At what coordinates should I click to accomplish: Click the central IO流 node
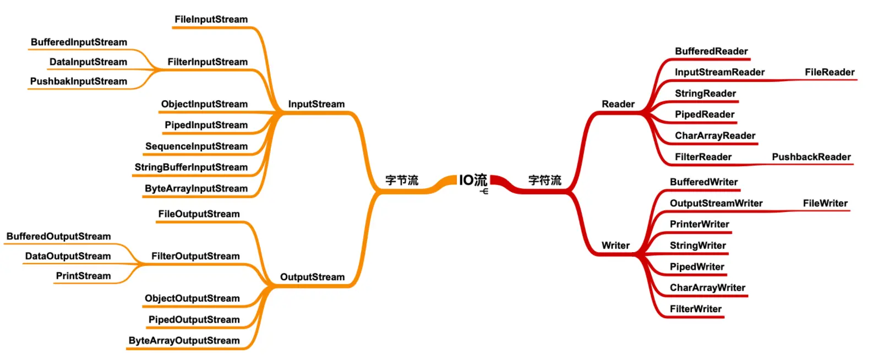(473, 180)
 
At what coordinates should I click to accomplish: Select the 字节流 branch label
(402, 181)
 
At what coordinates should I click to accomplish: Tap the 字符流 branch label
(544, 181)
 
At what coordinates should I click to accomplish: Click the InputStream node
(317, 104)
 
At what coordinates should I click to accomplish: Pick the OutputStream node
(313, 277)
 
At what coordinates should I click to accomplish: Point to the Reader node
(618, 104)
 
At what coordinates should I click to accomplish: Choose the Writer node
(615, 246)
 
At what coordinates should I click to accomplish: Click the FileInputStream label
(211, 19)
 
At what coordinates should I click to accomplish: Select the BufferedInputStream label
(79, 42)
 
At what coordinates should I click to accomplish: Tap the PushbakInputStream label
(79, 81)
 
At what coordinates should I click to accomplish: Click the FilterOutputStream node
(196, 256)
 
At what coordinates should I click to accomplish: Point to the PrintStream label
(83, 276)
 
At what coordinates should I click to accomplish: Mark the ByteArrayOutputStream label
(184, 341)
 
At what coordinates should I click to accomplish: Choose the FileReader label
(830, 72)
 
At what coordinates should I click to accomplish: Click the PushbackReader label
(811, 157)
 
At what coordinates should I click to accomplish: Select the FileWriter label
(825, 203)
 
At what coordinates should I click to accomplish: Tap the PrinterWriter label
(699, 224)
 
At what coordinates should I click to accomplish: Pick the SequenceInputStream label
(197, 146)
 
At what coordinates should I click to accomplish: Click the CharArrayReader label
(715, 136)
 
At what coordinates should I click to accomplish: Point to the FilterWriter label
(696, 309)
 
